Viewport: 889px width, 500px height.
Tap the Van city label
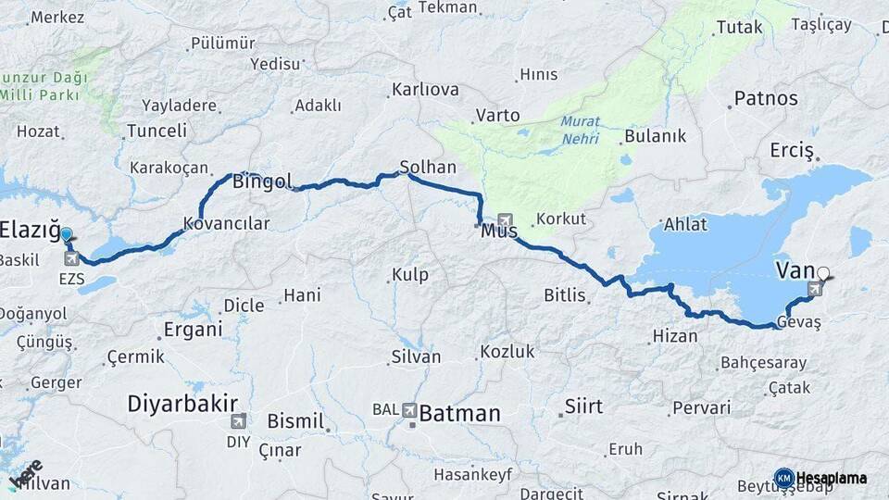coord(794,270)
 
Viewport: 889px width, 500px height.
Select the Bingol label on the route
coord(262,181)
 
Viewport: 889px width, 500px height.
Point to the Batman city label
coord(459,413)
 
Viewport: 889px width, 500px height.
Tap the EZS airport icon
coord(70,258)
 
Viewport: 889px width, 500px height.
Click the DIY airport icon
coord(238,420)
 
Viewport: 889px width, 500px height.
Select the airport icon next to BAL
coord(409,408)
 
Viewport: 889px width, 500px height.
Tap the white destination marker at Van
coord(823,274)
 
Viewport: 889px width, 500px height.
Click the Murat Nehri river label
coord(580,131)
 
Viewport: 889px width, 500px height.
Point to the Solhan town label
coord(428,168)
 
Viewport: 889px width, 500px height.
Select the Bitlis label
coord(565,295)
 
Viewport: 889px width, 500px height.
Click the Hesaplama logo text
coord(831,478)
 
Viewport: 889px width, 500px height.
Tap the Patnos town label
coord(766,98)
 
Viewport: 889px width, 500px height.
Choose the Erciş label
coord(792,150)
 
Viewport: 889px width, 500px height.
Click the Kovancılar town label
coord(226,223)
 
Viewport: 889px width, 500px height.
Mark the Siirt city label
coord(583,406)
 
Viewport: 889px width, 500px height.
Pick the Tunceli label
coord(157,131)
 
